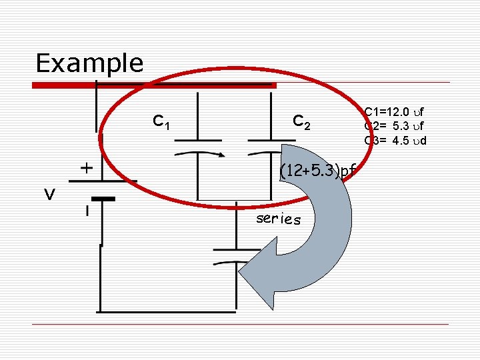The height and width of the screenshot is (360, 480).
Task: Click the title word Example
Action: click(x=89, y=63)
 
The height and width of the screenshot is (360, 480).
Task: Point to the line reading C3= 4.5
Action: click(x=395, y=140)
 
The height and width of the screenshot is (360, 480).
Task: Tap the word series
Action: click(x=279, y=219)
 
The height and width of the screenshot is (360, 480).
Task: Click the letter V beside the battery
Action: click(x=49, y=194)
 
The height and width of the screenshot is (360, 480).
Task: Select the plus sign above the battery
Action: click(x=86, y=167)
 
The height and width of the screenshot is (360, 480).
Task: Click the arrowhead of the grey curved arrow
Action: click(x=257, y=270)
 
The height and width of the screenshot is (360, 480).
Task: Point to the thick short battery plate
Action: click(x=103, y=198)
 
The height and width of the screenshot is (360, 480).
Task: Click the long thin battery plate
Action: click(x=103, y=181)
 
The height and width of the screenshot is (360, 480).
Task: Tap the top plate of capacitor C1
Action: click(x=198, y=140)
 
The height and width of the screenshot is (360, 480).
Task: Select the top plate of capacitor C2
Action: click(x=270, y=140)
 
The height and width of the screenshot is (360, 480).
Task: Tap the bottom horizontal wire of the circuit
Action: click(x=167, y=311)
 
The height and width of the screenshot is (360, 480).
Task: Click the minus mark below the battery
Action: click(x=86, y=211)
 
